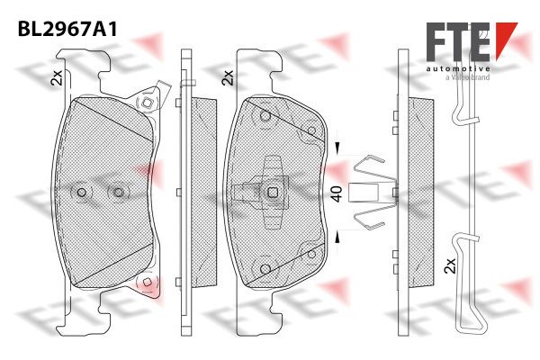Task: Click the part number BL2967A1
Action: click(67, 30)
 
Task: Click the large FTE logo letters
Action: click(458, 41)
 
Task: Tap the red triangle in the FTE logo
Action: click(506, 40)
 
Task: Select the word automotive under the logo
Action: click(458, 69)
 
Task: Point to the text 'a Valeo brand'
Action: click(467, 77)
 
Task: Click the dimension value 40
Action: click(337, 194)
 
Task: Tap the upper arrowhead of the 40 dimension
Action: click(337, 148)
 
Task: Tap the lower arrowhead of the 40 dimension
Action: click(337, 238)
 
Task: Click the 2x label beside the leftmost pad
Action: click(56, 77)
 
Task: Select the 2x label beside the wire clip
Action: click(450, 265)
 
